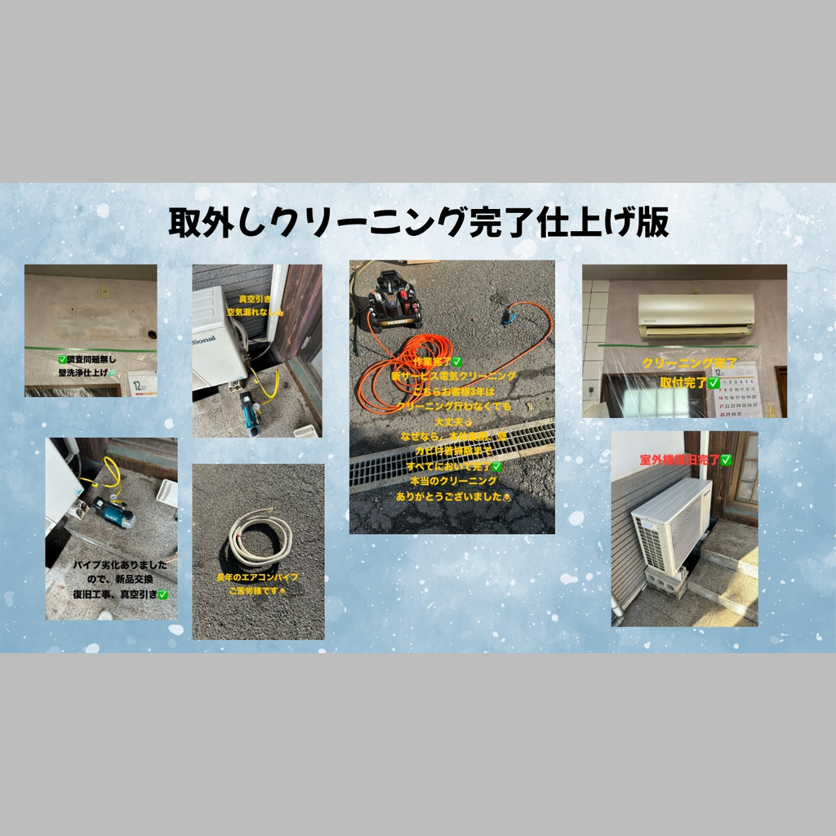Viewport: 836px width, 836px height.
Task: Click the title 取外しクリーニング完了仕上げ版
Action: (418, 221)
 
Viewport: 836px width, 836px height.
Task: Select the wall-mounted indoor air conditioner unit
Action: (696, 315)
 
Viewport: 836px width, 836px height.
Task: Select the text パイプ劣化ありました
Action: (113, 565)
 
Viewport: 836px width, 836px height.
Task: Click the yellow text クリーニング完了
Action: (683, 363)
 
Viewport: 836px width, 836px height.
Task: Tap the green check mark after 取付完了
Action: (714, 382)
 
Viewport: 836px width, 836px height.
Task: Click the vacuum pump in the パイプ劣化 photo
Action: (113, 511)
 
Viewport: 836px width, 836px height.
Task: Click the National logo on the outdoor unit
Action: (203, 340)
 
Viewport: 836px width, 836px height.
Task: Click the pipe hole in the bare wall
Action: (150, 334)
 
